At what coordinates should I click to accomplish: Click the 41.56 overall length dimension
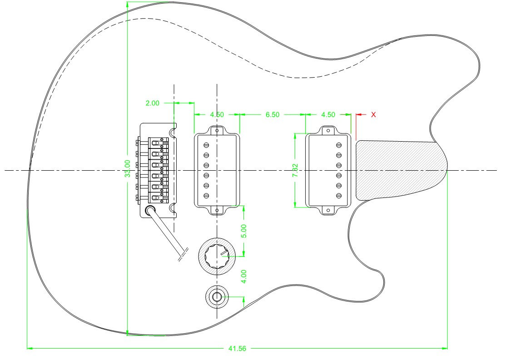[237, 349]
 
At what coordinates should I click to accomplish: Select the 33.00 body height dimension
[128, 168]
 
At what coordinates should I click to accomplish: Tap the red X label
[373, 114]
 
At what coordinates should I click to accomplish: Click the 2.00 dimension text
[152, 103]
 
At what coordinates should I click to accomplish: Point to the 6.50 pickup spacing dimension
[272, 114]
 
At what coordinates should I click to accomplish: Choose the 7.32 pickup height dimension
[295, 170]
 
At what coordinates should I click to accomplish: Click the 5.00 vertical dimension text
[244, 231]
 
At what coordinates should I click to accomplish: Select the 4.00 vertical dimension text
[244, 276]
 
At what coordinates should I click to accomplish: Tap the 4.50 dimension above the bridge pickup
[217, 114]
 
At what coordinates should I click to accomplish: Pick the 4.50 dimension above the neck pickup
[328, 114]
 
